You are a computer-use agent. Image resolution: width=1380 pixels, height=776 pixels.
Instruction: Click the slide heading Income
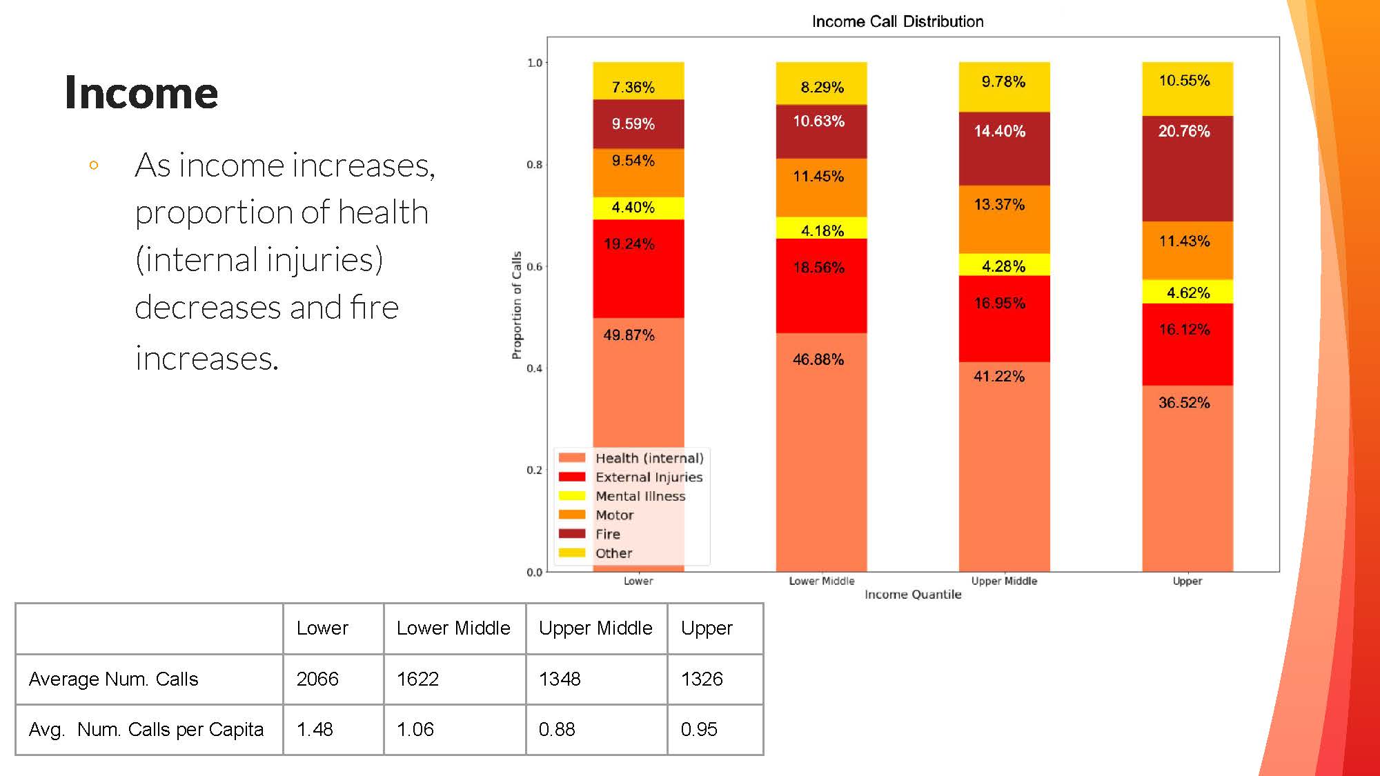point(141,92)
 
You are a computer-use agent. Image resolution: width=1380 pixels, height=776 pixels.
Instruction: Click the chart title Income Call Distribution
point(897,21)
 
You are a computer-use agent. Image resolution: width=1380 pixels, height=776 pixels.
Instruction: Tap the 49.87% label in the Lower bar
point(629,335)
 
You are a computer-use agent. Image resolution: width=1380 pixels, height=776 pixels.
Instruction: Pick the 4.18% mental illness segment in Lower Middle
point(822,230)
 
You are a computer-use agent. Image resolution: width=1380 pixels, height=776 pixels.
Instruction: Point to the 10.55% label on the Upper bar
point(1184,81)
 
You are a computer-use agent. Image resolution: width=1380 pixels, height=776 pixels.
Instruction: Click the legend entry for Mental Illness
point(640,496)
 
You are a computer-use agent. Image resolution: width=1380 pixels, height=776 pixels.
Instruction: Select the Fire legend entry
point(607,534)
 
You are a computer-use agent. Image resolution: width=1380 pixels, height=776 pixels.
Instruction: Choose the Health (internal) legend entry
point(649,458)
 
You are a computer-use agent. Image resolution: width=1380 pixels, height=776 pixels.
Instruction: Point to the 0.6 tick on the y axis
point(534,266)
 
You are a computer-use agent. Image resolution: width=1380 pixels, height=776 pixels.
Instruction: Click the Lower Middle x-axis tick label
point(821,581)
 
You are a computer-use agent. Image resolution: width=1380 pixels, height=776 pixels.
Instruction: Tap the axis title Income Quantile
point(912,595)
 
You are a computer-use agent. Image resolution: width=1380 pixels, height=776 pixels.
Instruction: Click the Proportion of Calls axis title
point(517,305)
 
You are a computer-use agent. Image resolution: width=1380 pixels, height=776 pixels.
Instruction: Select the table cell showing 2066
point(317,679)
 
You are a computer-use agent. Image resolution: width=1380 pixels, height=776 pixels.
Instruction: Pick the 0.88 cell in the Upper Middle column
point(557,729)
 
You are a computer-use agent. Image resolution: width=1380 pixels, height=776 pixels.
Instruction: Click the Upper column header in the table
point(707,628)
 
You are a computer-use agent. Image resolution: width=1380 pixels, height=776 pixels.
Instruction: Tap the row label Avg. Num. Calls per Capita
point(146,729)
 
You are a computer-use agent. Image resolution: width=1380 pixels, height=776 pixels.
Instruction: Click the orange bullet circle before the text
point(94,166)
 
